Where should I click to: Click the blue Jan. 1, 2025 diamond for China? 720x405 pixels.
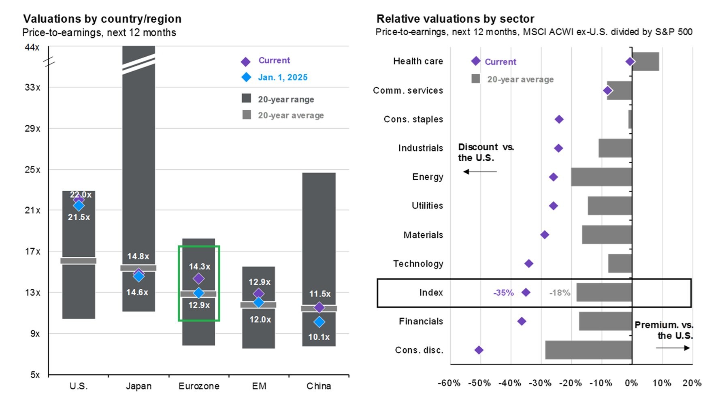click(319, 322)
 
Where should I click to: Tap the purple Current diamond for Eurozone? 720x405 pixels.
click(198, 278)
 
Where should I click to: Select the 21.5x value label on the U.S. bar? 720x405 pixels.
click(79, 217)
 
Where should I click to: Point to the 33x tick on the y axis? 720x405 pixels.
click(32, 87)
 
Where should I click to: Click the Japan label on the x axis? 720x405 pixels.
click(138, 386)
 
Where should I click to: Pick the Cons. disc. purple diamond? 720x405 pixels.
click(479, 350)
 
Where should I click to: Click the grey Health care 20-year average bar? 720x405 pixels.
click(645, 62)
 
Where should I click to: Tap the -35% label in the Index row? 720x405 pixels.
click(503, 292)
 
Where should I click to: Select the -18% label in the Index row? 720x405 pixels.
click(560, 292)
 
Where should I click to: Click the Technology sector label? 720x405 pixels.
click(418, 264)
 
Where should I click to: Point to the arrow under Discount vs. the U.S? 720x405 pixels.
click(480, 172)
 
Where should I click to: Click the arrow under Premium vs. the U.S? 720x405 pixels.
click(673, 348)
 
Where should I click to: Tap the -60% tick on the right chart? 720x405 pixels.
click(449, 383)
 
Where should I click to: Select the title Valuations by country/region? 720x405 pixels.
click(102, 19)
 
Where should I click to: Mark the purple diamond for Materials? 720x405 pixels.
click(545, 235)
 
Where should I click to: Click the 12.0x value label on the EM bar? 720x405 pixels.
click(260, 320)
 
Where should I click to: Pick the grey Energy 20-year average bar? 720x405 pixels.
click(601, 177)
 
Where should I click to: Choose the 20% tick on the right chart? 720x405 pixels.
click(692, 383)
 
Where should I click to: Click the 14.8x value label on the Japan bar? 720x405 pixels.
click(138, 256)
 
